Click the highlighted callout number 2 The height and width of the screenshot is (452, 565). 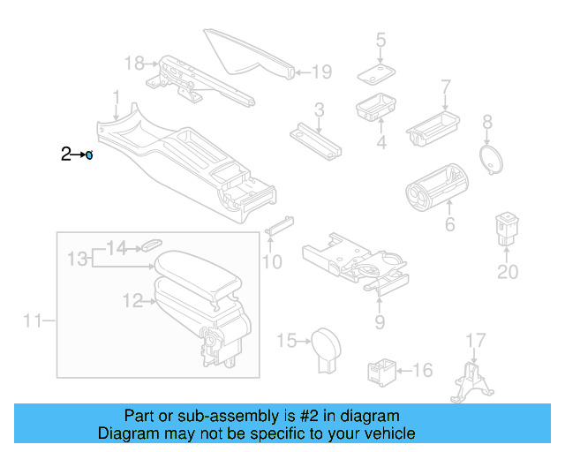click(65, 154)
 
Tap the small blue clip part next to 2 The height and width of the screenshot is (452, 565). click(89, 155)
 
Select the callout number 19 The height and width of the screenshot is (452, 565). click(321, 72)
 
